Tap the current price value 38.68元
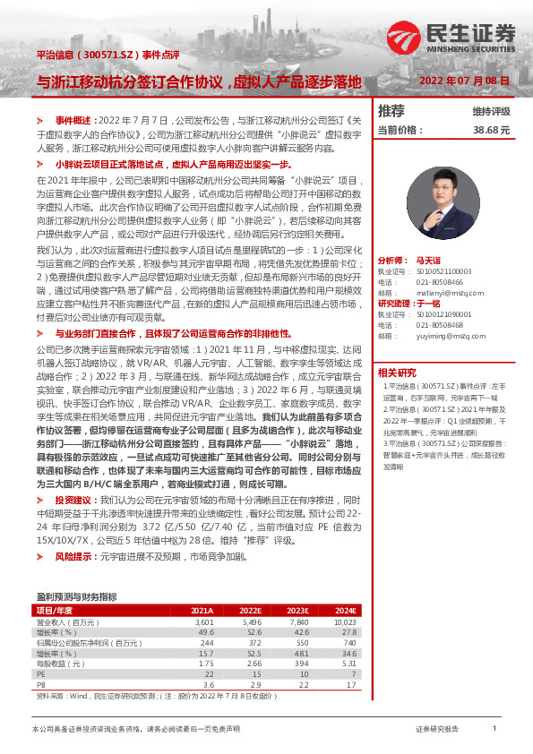[492, 130]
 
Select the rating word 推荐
[391, 111]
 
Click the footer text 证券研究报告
[437, 730]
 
